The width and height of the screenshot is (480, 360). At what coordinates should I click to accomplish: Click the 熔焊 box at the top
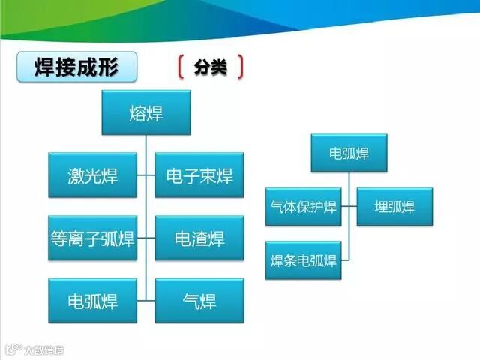146,113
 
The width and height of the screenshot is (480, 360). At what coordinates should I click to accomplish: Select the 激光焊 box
93,175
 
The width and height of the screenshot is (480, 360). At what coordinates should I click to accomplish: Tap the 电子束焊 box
199,175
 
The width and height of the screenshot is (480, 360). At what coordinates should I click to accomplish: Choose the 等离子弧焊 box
93,238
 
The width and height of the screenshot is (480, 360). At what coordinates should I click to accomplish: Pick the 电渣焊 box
199,238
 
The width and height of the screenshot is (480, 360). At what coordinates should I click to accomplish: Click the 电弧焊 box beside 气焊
93,301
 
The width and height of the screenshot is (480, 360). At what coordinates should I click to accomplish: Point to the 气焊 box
199,301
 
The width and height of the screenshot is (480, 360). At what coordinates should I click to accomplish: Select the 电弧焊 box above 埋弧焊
349,154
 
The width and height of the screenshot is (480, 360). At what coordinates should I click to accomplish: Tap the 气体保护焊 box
304,206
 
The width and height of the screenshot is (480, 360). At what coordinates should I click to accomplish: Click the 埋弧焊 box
394,206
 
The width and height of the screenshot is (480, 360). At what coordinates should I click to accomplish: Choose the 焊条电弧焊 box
304,260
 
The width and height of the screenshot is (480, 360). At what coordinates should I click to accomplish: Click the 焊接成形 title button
77,67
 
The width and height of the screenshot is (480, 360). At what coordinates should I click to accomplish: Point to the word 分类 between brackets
211,67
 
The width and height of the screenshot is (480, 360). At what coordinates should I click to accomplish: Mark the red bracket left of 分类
181,67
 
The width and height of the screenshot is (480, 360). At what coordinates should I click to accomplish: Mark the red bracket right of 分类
240,67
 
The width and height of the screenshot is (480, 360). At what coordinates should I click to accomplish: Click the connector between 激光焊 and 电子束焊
146,175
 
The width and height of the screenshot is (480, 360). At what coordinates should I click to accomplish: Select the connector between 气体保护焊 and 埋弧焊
349,206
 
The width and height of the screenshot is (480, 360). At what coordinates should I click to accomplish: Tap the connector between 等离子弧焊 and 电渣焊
146,238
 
